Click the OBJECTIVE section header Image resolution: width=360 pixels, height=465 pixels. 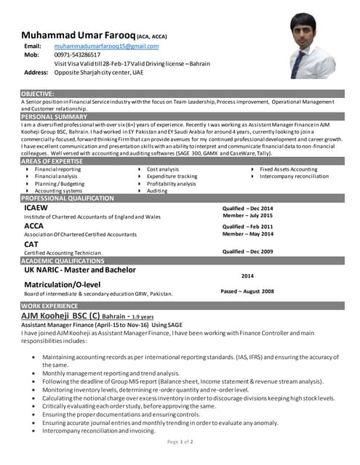tap(37, 94)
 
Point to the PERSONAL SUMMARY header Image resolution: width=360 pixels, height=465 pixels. tap(54, 116)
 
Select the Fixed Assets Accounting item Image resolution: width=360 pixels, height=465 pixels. tap(288, 169)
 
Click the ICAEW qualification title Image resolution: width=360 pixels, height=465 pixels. tap(36, 208)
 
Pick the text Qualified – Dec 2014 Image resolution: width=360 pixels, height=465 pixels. tap(247, 208)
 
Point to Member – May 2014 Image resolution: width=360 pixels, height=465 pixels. tap(247, 234)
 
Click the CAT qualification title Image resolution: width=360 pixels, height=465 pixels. tap(31, 244)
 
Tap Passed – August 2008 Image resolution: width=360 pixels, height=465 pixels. tap(247, 291)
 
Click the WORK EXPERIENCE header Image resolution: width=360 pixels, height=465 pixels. tap(49, 307)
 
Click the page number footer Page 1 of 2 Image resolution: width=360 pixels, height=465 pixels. tap(180, 441)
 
